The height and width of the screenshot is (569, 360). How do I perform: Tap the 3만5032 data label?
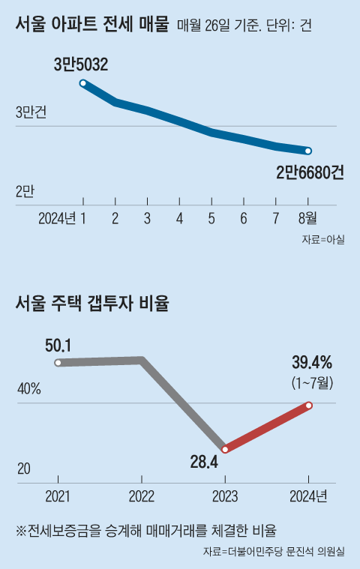[x=81, y=65]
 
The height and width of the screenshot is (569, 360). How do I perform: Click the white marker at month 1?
[x=83, y=83]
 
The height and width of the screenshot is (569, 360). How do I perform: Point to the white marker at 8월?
[x=307, y=151]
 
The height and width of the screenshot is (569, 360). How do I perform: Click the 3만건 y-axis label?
[x=31, y=113]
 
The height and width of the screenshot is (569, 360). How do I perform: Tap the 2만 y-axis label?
[x=25, y=191]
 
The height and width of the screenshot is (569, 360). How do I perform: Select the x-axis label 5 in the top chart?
[x=211, y=218]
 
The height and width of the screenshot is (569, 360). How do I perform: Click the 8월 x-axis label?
[x=307, y=218]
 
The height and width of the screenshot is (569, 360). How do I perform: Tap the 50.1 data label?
[x=58, y=346]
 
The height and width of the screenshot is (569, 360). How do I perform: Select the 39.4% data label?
[x=311, y=364]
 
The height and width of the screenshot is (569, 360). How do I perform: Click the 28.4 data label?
[x=204, y=462]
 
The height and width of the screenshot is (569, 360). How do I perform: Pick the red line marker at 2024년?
[x=308, y=406]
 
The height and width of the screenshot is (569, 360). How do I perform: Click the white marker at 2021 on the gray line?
[x=58, y=364]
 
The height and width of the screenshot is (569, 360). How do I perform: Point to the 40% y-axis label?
[x=28, y=390]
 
